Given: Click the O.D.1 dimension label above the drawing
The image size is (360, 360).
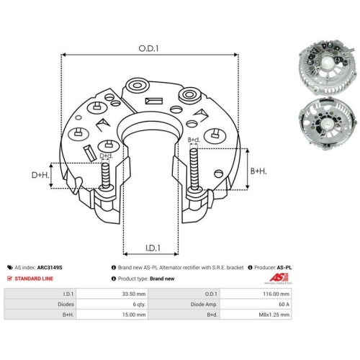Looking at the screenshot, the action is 148,48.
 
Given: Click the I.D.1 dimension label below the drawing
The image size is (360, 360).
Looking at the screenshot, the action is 153,248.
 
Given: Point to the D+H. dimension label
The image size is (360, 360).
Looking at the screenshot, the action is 40,175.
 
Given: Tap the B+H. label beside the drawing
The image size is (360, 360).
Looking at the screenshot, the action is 258,171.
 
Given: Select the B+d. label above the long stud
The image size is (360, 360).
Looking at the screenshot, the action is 194,140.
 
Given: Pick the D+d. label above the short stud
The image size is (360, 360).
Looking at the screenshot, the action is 106,156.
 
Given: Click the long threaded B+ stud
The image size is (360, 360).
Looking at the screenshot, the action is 194,169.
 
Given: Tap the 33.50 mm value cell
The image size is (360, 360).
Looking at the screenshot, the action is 134,294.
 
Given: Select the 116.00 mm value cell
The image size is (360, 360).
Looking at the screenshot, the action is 276,294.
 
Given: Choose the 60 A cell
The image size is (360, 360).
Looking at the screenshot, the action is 284,305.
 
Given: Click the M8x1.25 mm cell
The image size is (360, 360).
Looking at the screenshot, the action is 274,315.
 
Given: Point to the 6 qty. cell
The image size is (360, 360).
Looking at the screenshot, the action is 139,305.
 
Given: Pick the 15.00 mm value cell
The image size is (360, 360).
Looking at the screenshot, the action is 134,315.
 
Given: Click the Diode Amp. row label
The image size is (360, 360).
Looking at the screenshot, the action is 204,305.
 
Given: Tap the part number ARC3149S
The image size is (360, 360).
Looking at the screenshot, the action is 50,267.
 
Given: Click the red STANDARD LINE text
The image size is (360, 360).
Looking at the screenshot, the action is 34,279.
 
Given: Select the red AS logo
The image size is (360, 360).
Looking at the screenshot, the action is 279,278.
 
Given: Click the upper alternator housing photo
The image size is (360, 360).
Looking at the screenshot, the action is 326,68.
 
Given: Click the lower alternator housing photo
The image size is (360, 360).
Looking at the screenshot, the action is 327,123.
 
